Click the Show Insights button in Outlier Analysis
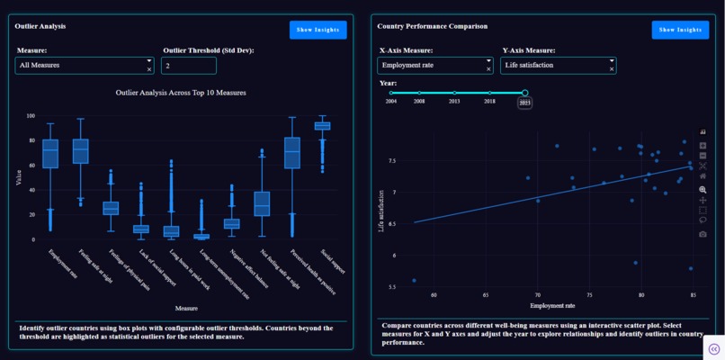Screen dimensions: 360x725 318,30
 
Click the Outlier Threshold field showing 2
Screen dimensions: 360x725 188,66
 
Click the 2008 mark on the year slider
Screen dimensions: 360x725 419,93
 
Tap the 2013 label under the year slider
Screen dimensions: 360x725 454,102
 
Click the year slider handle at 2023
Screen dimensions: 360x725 524,93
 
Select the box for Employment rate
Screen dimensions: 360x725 50,153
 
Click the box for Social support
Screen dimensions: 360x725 322,126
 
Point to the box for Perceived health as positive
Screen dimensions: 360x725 291,152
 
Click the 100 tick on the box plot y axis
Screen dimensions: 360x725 30,116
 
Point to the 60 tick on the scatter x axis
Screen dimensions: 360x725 434,295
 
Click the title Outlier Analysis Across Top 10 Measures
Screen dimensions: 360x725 181,93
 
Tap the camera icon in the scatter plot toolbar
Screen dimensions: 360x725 703,234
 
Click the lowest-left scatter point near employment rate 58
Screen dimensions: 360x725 414,281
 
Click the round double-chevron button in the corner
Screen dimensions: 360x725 713,348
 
